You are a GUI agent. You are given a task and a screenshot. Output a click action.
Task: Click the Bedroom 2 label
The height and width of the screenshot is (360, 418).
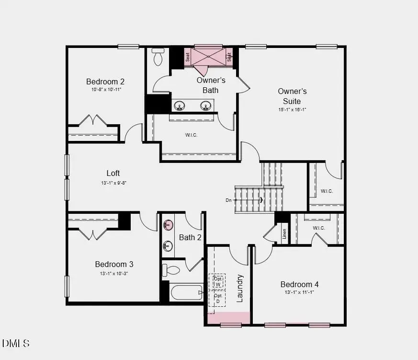click(105, 81)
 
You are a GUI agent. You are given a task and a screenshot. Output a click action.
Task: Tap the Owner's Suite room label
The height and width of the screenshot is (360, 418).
click(292, 96)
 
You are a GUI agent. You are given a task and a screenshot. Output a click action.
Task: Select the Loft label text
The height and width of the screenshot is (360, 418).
click(113, 173)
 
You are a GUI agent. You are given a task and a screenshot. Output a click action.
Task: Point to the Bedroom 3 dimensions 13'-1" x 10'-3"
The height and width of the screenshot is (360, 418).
click(114, 273)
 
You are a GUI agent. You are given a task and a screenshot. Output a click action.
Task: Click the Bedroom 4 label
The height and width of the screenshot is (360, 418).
click(299, 284)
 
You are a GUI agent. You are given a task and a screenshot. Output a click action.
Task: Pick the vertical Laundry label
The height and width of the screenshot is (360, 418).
click(240, 288)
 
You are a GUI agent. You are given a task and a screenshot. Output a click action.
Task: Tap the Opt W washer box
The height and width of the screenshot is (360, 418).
click(218, 281)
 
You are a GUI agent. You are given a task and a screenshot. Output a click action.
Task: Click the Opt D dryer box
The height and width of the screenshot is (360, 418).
click(218, 298)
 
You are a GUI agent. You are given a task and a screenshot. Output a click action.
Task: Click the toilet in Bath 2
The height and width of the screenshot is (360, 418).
click(170, 270)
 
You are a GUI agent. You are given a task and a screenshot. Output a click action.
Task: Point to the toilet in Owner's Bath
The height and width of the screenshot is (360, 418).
click(158, 58)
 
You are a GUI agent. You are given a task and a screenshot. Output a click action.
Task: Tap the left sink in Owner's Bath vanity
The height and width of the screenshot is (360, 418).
click(180, 105)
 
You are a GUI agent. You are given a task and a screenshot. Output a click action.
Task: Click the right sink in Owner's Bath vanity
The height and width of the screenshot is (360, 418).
click(206, 105)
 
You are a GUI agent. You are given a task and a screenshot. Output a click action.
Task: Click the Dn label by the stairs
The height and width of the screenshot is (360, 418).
click(229, 200)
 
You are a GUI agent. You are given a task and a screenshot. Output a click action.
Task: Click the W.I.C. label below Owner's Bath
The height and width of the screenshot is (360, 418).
click(191, 135)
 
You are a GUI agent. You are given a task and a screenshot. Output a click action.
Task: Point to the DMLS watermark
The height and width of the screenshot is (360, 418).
click(16, 343)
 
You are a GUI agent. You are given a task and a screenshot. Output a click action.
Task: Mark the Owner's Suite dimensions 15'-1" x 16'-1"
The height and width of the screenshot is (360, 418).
click(292, 109)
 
